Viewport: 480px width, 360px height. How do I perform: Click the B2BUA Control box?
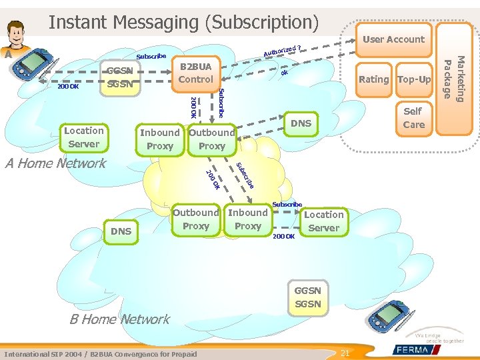(x=196, y=73)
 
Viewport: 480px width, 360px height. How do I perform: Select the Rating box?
(x=373, y=79)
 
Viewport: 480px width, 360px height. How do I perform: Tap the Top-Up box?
(x=414, y=79)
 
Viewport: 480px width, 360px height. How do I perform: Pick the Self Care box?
(x=413, y=118)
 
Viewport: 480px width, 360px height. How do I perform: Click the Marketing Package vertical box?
(x=455, y=78)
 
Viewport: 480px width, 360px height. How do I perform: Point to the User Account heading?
(x=393, y=39)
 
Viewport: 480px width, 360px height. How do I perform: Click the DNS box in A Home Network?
(x=301, y=123)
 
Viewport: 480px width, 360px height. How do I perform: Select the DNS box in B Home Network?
(x=121, y=231)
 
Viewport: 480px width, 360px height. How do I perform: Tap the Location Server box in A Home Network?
(x=84, y=137)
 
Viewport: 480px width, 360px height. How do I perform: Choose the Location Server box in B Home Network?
(x=323, y=221)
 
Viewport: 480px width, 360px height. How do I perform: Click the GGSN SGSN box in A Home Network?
(x=120, y=77)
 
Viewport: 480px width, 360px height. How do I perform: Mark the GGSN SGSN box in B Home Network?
(x=307, y=297)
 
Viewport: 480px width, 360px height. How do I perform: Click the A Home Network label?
(x=55, y=163)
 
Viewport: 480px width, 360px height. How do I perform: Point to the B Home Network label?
(x=120, y=319)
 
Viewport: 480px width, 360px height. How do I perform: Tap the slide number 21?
(x=345, y=353)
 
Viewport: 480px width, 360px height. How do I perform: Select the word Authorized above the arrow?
(x=279, y=51)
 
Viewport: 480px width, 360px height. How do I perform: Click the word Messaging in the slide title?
(x=157, y=22)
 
